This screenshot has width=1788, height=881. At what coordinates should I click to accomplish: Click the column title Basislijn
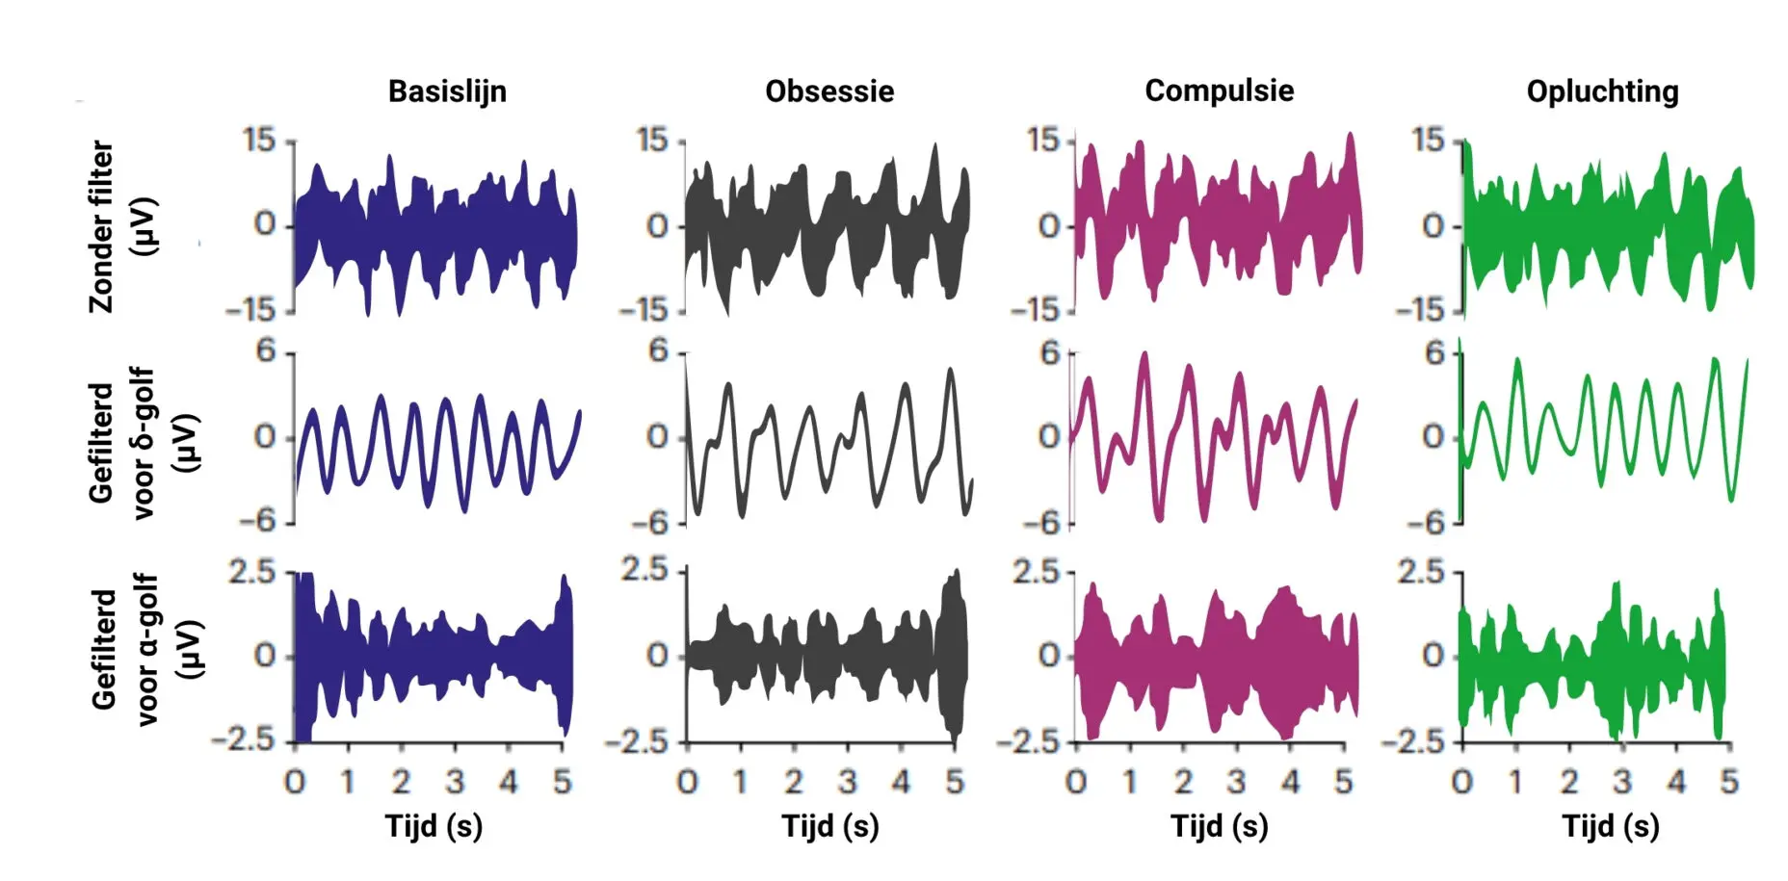447,91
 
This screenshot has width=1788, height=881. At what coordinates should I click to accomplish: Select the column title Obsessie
829,91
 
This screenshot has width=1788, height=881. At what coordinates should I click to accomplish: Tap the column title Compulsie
1219,91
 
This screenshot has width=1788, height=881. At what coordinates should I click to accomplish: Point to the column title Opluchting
1602,91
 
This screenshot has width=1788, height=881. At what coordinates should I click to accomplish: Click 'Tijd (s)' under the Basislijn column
434,826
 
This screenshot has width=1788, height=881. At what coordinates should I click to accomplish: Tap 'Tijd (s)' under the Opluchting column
1610,826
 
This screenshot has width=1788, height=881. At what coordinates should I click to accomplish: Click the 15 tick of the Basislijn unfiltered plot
259,141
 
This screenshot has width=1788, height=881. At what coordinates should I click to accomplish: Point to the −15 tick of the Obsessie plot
643,310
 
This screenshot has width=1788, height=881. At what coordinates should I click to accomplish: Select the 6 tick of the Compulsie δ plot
1050,352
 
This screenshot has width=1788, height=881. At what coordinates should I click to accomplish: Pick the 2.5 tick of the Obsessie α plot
644,570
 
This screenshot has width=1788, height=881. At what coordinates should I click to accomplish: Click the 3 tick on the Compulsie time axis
1236,782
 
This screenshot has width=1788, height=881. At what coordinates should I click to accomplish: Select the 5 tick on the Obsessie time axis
954,782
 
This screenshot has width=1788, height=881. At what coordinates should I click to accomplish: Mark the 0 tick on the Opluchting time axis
1461,782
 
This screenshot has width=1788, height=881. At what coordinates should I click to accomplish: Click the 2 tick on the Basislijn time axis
401,782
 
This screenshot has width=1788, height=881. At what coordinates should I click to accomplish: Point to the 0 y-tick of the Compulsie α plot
1049,656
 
